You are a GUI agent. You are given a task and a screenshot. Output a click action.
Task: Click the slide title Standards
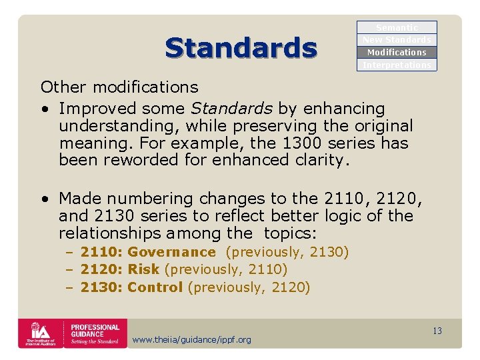coord(241,48)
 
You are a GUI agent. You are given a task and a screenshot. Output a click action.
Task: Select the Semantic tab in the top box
coord(397,27)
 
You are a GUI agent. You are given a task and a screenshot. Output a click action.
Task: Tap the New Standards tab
coord(397,40)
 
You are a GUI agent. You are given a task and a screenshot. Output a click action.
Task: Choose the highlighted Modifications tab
coord(397,52)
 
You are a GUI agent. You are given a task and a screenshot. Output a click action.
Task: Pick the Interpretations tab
coord(397,65)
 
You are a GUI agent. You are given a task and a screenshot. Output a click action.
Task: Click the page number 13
coord(437,331)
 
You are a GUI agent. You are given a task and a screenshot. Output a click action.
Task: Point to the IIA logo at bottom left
coord(39,333)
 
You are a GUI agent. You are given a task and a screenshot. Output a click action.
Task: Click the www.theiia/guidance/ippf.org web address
coord(192,340)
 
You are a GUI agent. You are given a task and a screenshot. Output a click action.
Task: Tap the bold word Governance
coord(171,252)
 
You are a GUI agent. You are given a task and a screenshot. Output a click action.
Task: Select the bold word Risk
coord(143,269)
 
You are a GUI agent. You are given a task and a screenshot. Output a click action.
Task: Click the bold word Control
coord(155,287)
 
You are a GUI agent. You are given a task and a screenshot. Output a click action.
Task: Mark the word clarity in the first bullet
coord(324,160)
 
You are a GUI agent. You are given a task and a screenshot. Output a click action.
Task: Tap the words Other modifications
coord(119,87)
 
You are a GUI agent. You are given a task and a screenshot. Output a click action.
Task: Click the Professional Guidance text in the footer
coord(95,333)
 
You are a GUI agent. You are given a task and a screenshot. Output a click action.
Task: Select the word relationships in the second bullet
coord(110,233)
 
